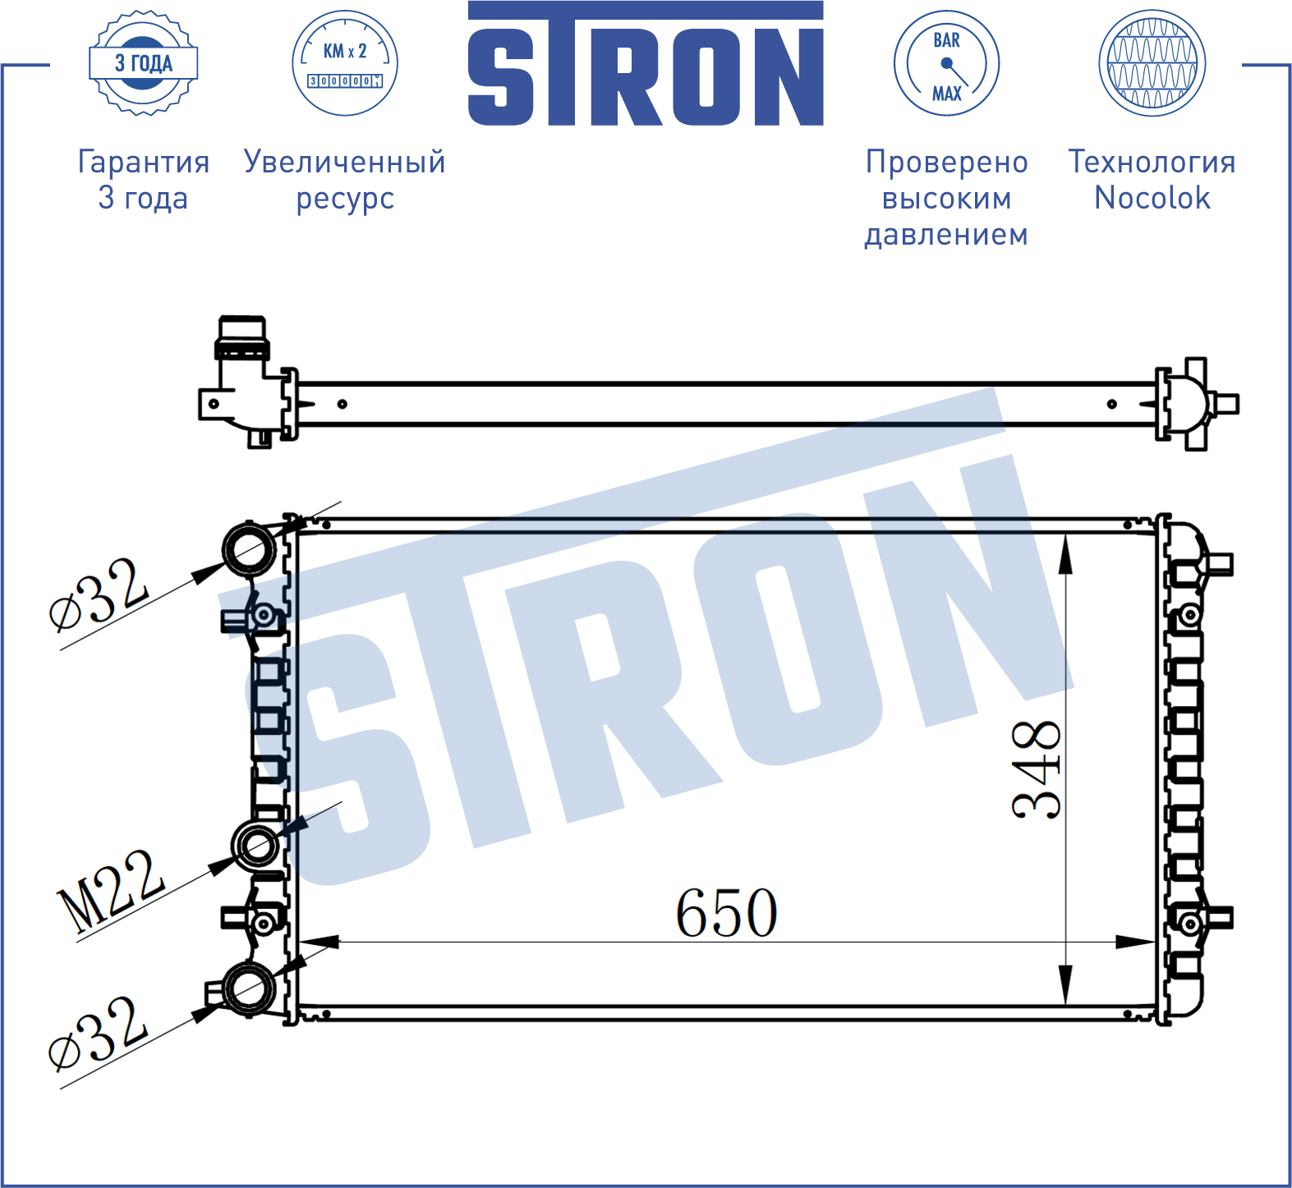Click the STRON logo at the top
coord(646,64)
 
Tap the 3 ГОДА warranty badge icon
coord(144,63)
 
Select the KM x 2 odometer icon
coord(345,63)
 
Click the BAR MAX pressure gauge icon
coord(946,63)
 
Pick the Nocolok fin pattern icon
coord(1152,63)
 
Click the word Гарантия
coord(144,162)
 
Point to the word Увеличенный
coord(345,162)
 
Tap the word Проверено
coord(946,162)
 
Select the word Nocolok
coord(1152,198)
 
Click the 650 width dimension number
coord(726,913)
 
